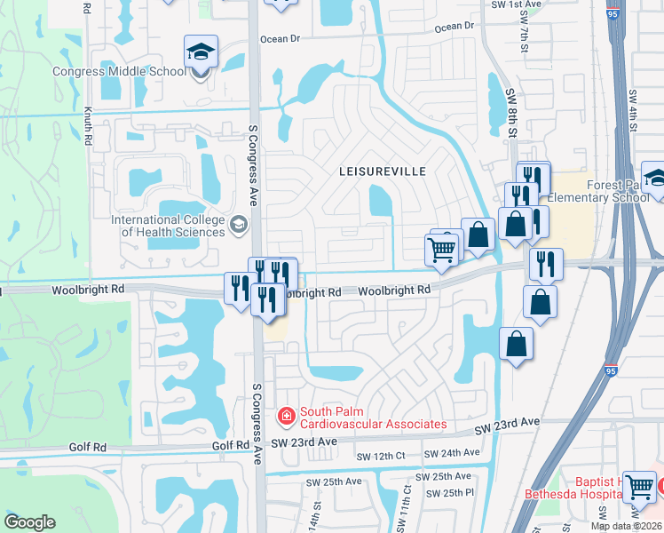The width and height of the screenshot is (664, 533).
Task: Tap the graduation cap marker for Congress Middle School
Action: pos(202,54)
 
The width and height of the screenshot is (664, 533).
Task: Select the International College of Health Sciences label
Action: pos(168,226)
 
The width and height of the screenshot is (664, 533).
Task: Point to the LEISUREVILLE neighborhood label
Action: pos(383,171)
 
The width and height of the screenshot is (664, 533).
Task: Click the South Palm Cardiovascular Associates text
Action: pos(373,418)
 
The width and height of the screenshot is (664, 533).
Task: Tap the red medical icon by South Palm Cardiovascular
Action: pos(287,415)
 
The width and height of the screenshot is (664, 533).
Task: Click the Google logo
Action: pos(29,522)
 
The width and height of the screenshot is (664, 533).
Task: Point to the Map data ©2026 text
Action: pos(627,526)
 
